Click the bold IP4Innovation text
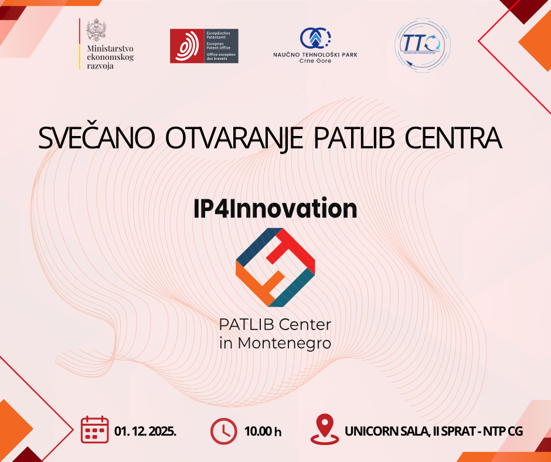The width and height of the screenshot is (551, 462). click(x=275, y=209)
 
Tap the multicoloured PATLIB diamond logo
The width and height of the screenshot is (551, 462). click(x=275, y=267)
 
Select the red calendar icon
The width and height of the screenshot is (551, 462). click(x=94, y=430)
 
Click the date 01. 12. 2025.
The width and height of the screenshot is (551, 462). click(x=146, y=431)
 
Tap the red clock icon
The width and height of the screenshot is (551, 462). click(x=223, y=430)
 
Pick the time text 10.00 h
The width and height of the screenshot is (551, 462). click(x=263, y=432)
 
